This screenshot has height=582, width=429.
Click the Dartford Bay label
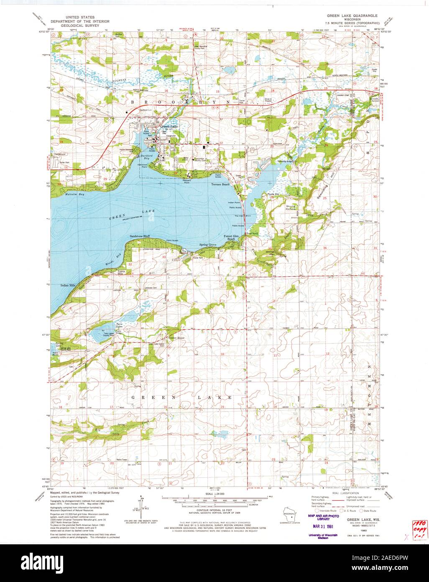(144, 157)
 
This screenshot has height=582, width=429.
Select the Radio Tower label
(124, 459)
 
